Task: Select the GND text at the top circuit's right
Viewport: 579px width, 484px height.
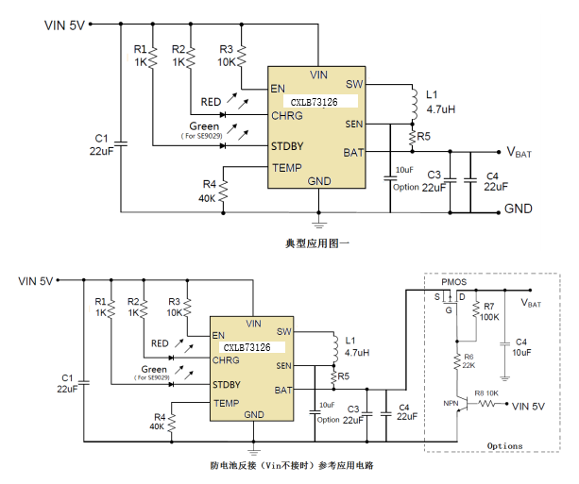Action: (x=518, y=209)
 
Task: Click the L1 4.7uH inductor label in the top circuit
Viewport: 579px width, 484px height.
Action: (x=440, y=102)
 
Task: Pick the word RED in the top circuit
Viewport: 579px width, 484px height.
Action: (x=210, y=102)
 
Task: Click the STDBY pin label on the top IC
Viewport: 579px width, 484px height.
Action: (x=287, y=147)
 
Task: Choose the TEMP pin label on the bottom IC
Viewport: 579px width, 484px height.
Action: (x=226, y=403)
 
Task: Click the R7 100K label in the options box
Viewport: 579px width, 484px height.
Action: (x=488, y=312)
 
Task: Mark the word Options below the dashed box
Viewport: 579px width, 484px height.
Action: (x=504, y=445)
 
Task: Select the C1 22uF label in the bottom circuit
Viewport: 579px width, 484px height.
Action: (x=65, y=382)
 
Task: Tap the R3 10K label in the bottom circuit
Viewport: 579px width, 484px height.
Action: (x=175, y=306)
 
